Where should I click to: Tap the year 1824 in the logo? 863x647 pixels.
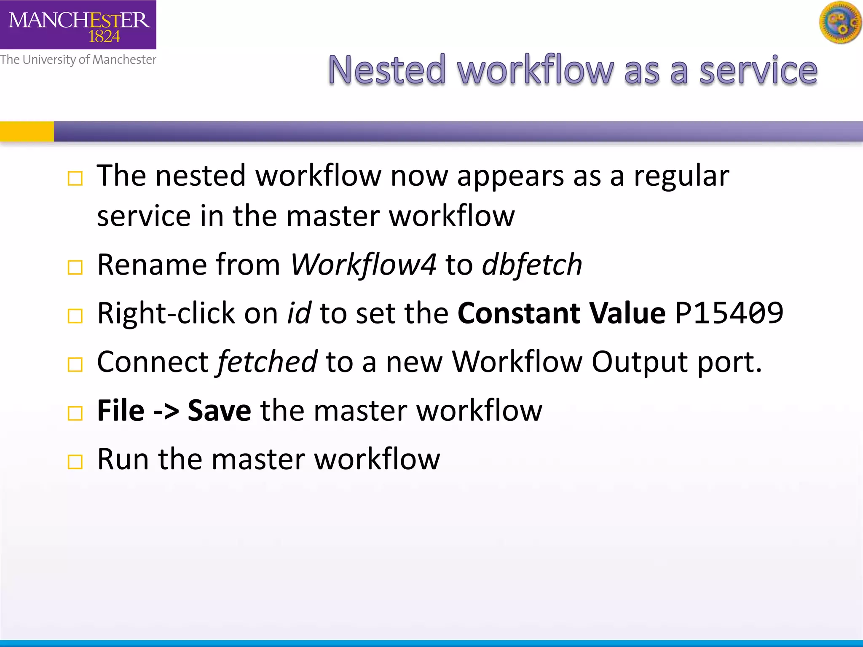click(x=104, y=37)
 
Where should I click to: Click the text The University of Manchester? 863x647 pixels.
click(x=78, y=59)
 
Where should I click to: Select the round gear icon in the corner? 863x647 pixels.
click(x=841, y=22)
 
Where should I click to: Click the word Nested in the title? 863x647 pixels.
click(x=386, y=70)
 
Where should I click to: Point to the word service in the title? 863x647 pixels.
click(x=758, y=70)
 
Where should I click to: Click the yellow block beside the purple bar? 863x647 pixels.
click(x=27, y=131)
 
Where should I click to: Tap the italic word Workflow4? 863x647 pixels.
click(x=363, y=265)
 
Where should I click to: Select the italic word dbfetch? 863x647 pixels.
click(x=532, y=265)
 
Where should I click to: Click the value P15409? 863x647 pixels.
click(x=729, y=313)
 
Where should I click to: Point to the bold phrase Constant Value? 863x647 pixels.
click(x=561, y=313)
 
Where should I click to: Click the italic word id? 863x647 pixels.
click(x=299, y=313)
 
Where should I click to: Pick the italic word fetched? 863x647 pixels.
click(x=267, y=362)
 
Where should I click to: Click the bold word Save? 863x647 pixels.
click(x=219, y=411)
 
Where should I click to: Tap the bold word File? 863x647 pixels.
click(x=121, y=411)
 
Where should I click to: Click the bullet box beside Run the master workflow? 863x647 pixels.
click(x=75, y=462)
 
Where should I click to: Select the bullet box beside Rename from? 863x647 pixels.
click(x=75, y=267)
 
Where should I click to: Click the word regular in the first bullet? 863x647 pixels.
click(x=681, y=176)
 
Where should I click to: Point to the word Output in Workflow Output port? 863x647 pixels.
click(x=639, y=362)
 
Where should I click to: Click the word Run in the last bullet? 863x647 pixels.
click(x=123, y=459)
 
